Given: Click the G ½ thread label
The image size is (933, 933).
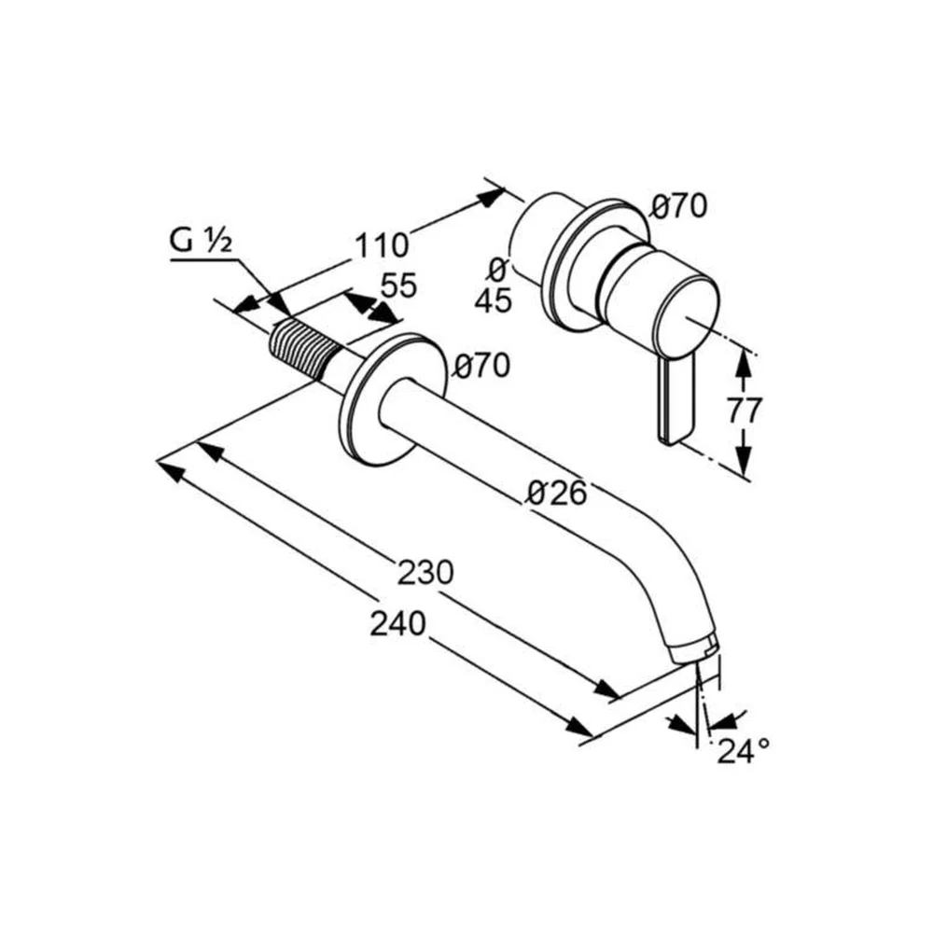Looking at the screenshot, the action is pyautogui.click(x=201, y=241).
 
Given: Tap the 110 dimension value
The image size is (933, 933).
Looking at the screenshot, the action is pyautogui.click(x=382, y=245).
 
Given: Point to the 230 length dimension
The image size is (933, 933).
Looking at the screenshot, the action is pyautogui.click(x=425, y=573).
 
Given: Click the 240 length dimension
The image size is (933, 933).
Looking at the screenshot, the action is pyautogui.click(x=398, y=623).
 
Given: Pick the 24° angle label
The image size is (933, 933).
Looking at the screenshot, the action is pyautogui.click(x=743, y=750).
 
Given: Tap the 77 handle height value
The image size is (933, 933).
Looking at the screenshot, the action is pyautogui.click(x=745, y=411).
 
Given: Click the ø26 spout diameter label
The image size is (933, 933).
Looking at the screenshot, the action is pyautogui.click(x=558, y=493).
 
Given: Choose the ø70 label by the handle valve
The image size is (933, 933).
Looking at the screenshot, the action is pyautogui.click(x=678, y=206).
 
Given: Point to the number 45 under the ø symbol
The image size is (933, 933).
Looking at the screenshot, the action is pyautogui.click(x=493, y=300).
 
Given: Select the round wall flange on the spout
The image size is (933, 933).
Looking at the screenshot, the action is pyautogui.click(x=393, y=399).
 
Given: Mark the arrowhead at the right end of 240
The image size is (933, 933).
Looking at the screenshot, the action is pyautogui.click(x=579, y=727).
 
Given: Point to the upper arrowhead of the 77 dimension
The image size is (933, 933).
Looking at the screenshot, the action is pyautogui.click(x=741, y=363).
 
